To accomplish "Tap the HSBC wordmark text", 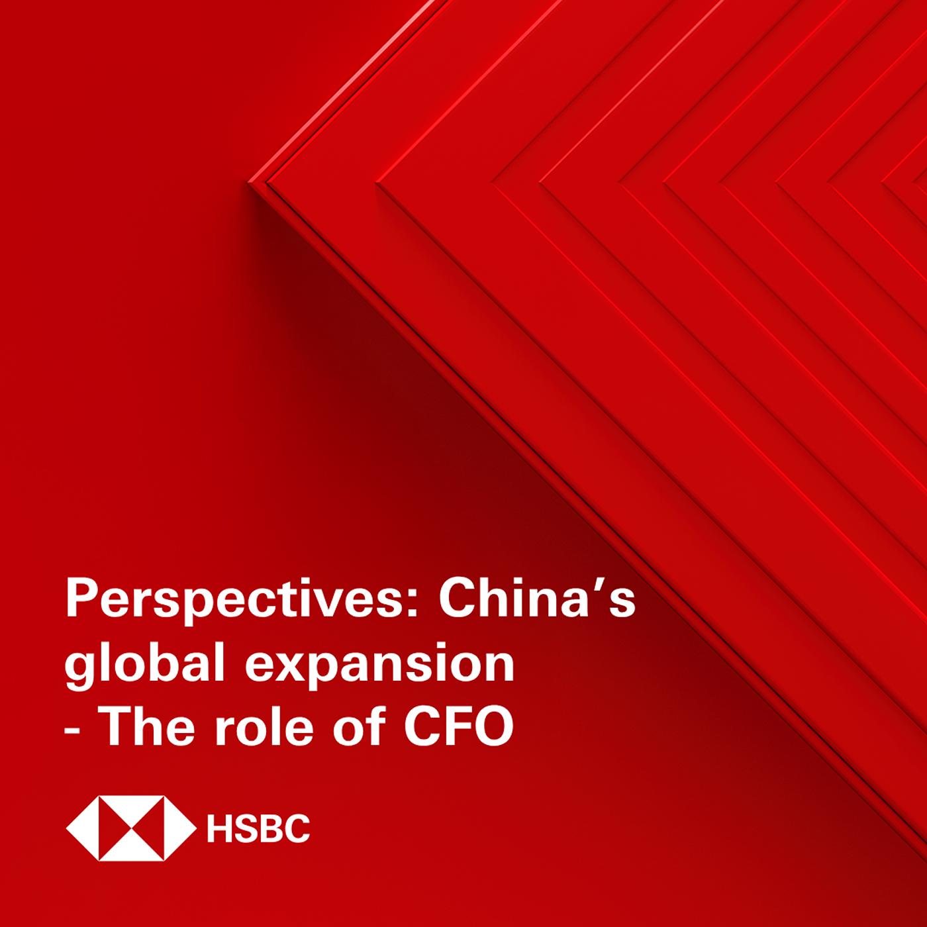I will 258,828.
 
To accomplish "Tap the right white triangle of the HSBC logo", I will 179,828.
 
